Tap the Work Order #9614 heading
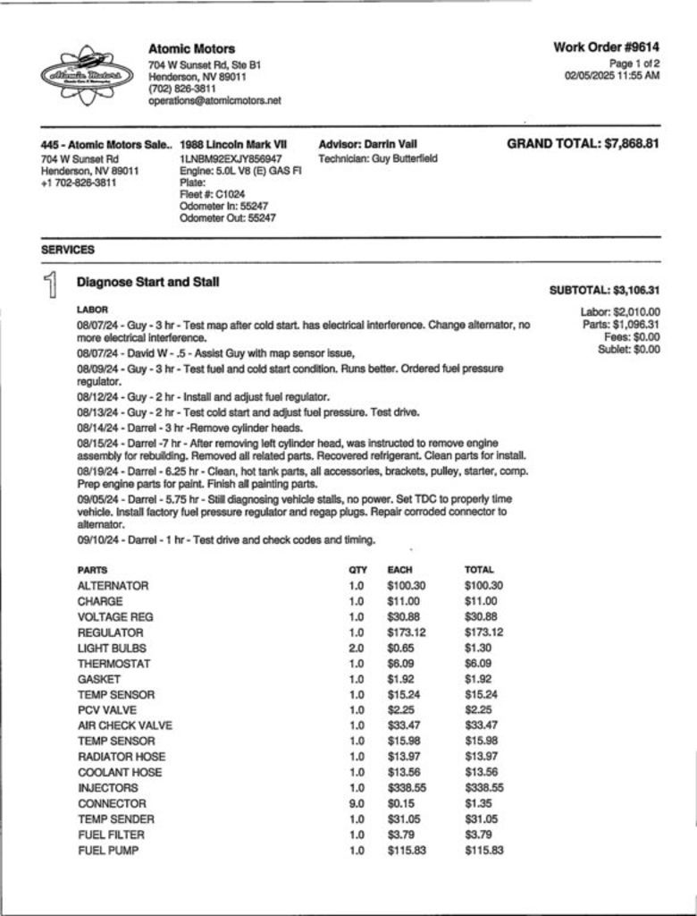click(606, 47)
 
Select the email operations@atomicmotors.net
click(214, 101)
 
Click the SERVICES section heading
click(68, 250)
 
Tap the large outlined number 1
click(52, 285)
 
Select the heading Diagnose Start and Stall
click(147, 282)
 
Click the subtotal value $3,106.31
click(635, 291)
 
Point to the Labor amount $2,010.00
click(634, 312)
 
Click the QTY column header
click(357, 570)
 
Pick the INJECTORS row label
click(108, 788)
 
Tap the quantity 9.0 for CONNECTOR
click(357, 803)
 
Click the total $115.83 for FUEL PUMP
click(484, 851)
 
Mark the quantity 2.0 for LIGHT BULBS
click(357, 648)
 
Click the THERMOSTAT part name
click(113, 664)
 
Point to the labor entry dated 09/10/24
click(226, 539)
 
